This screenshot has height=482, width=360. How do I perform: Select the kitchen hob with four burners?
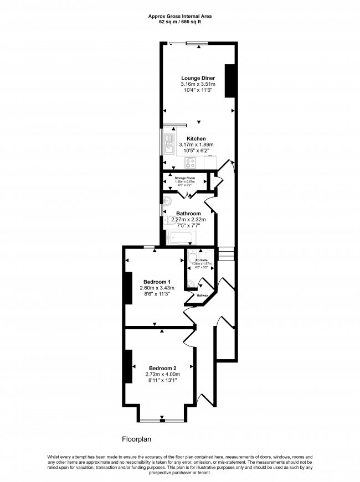coord(191,163)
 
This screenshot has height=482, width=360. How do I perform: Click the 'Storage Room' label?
coord(186,178)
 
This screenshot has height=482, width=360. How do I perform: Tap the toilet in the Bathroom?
coord(167,220)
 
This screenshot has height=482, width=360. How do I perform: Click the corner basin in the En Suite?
coord(191,285)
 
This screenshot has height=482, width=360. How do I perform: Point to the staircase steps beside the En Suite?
coord(227,254)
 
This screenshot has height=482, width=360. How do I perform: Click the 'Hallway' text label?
coord(202,296)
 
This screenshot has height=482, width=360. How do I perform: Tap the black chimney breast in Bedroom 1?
coord(128,288)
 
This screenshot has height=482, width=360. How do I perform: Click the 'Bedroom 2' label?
coord(162,368)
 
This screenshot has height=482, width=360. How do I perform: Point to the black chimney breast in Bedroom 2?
coord(128,366)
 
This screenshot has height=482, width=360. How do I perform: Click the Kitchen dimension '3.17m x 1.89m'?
coord(196,145)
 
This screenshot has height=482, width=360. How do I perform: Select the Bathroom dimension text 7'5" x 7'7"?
coord(188,225)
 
